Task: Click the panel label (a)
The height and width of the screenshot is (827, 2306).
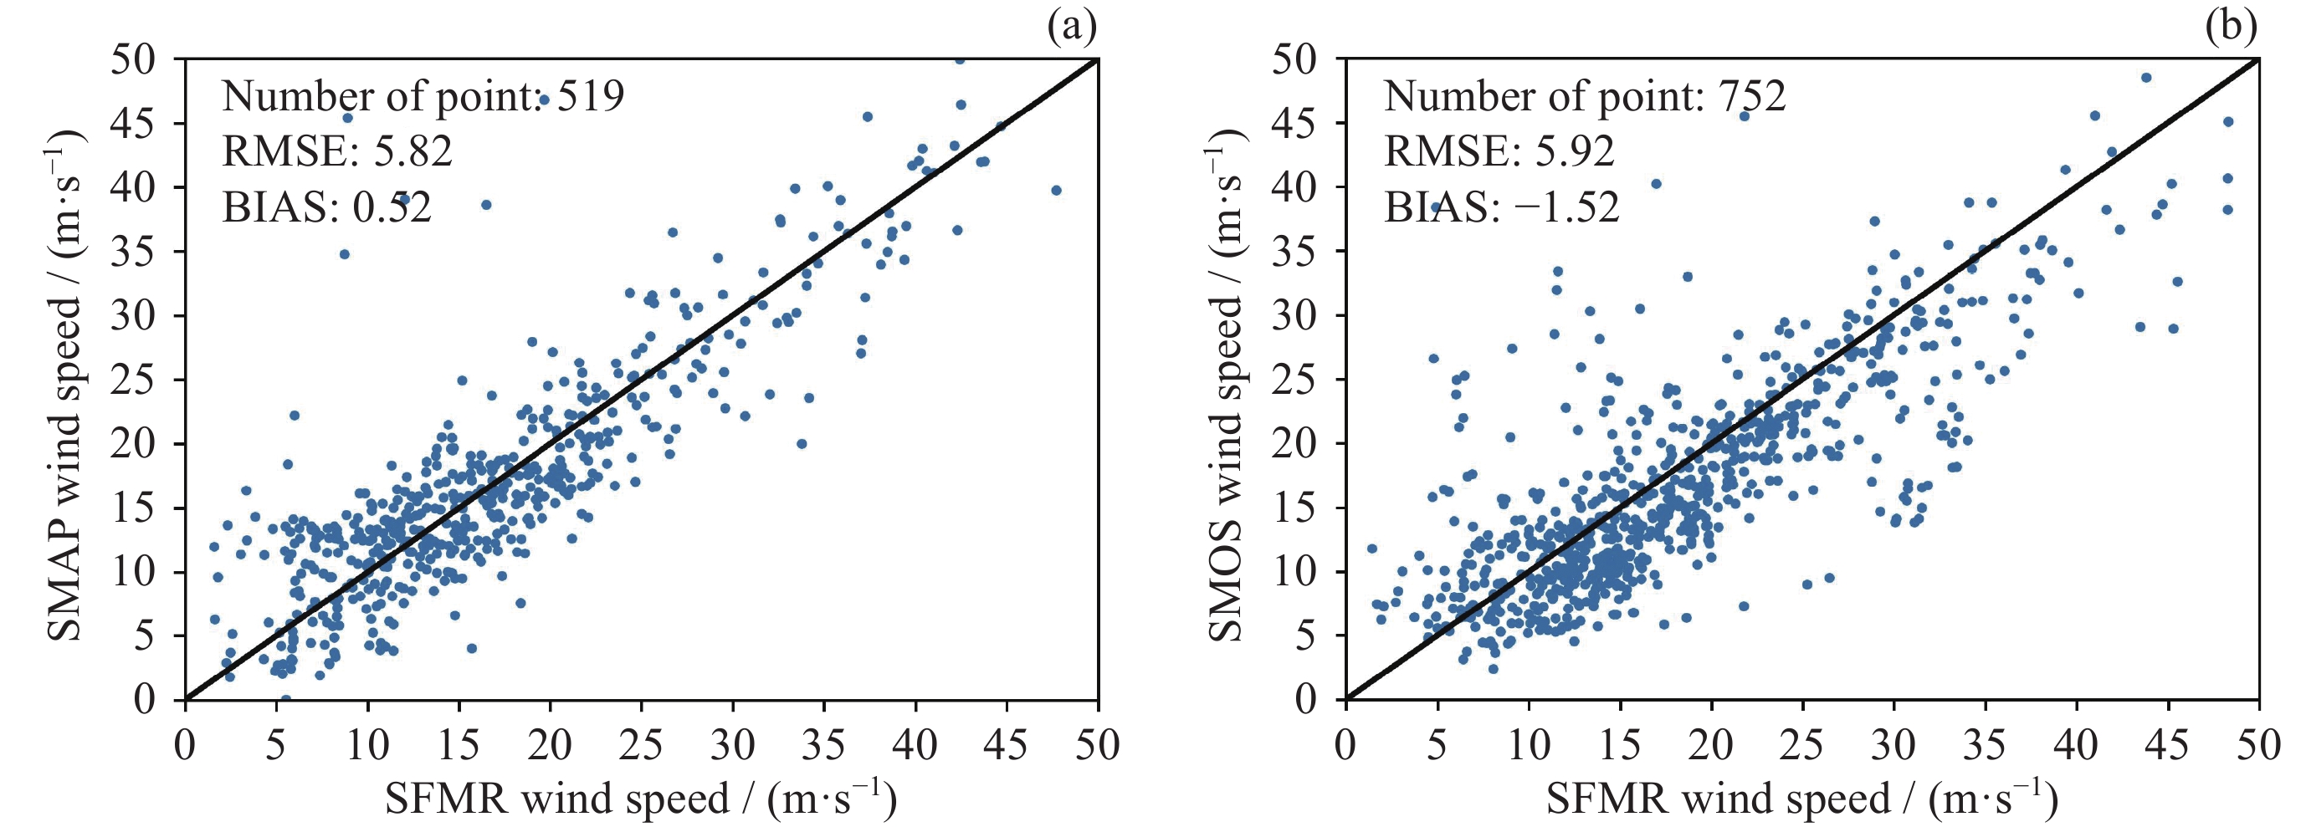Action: (x=1072, y=28)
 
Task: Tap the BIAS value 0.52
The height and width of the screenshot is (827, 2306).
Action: (x=392, y=207)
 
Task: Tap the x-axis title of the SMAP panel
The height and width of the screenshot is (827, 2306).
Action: (x=641, y=799)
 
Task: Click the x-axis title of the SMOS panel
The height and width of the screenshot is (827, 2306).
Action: (x=1802, y=799)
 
